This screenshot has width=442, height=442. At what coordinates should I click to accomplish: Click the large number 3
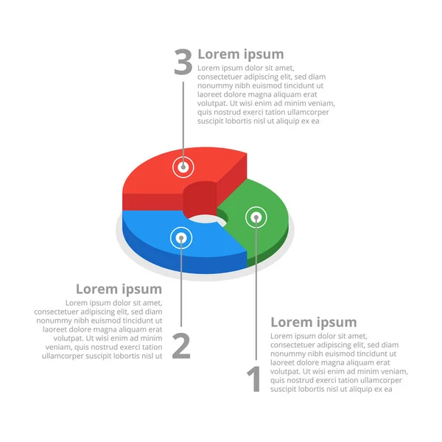click(183, 61)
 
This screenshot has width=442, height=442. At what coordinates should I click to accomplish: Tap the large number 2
click(181, 345)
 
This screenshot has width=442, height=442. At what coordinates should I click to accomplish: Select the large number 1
click(254, 379)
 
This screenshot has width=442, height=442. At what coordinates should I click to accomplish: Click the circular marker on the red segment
click(183, 167)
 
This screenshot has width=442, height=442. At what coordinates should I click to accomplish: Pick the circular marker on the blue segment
click(181, 238)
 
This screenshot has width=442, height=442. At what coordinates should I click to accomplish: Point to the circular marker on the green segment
click(256, 217)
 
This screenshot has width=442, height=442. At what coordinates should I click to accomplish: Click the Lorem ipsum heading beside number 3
click(241, 54)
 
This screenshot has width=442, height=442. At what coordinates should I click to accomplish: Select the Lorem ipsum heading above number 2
click(119, 290)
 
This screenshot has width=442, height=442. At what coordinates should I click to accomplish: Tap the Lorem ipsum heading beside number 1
click(314, 322)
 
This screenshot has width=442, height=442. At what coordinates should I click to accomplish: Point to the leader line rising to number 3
click(183, 124)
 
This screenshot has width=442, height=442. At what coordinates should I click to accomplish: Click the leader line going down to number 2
click(181, 282)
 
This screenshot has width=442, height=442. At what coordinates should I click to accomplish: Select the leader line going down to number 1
click(256, 289)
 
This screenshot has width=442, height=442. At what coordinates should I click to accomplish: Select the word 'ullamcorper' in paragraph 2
click(63, 356)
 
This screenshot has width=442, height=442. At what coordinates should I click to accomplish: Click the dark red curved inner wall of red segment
click(200, 200)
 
